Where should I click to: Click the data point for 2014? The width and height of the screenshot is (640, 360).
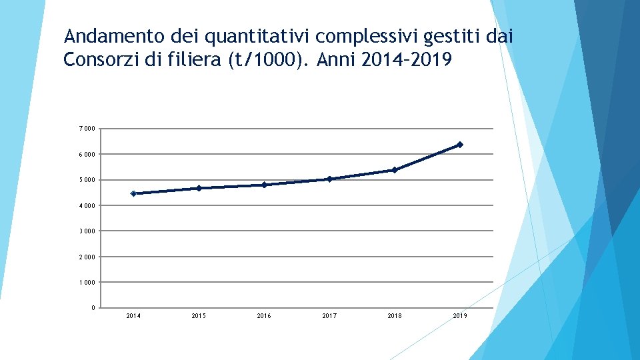(x=133, y=193)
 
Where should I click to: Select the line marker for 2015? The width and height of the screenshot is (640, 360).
(x=199, y=188)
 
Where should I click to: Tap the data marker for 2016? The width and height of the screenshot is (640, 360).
(x=264, y=185)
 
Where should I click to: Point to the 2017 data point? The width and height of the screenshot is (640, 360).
(x=329, y=179)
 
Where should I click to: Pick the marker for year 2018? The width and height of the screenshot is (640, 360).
(x=395, y=170)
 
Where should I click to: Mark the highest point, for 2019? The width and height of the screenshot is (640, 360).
(x=460, y=145)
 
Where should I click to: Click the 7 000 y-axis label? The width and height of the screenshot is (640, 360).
(x=87, y=129)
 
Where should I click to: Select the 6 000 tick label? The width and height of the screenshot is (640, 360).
(x=87, y=155)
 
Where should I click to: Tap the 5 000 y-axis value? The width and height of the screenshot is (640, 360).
(x=87, y=180)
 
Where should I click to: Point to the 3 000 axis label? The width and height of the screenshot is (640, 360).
(x=87, y=231)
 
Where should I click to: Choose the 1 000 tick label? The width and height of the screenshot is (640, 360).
(x=87, y=283)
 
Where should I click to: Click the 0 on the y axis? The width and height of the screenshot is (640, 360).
(x=92, y=308)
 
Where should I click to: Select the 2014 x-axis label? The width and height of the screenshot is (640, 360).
(x=133, y=316)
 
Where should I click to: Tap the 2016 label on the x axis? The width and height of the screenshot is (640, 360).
(x=264, y=316)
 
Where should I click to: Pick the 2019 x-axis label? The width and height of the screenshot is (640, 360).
(x=460, y=316)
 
